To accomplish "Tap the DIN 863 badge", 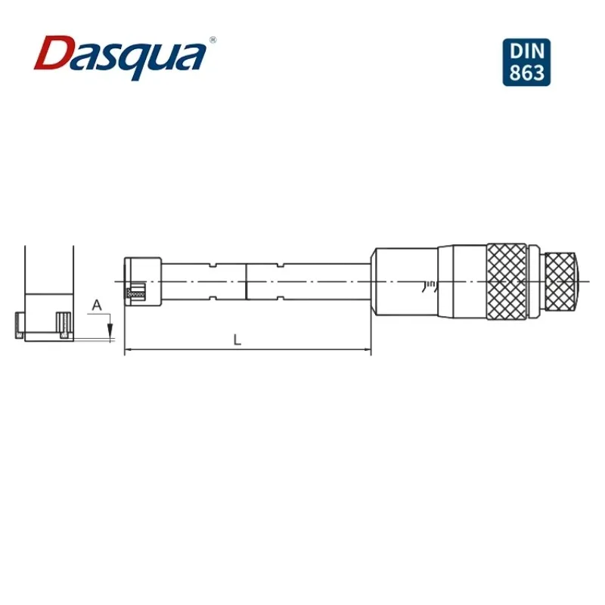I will click(526, 61).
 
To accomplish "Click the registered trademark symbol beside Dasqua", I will click(213, 39).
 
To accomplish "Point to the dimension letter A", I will click(96, 305).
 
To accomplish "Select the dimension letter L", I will click(237, 340).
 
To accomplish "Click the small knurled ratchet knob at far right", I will click(563, 281).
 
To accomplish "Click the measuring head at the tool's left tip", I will click(142, 281).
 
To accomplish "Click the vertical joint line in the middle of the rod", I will click(247, 281).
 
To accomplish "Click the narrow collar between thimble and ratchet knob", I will click(535, 281).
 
